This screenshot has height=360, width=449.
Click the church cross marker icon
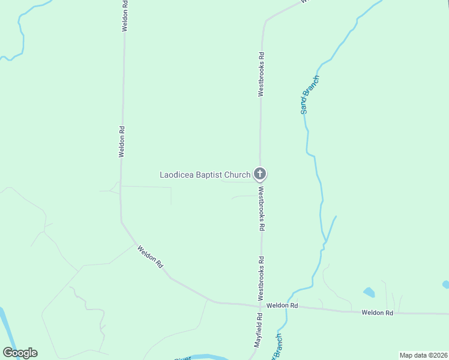(x=260, y=175)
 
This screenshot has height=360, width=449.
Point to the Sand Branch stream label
(x=310, y=95)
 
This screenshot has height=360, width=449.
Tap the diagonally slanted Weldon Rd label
(x=150, y=256)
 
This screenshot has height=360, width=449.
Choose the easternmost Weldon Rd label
(x=377, y=313)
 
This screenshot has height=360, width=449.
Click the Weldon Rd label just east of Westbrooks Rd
(x=282, y=305)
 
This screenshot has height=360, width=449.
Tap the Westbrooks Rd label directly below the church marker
(x=261, y=208)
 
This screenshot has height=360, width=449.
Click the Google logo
(x=20, y=353)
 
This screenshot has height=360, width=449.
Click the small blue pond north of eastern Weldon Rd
(x=369, y=293)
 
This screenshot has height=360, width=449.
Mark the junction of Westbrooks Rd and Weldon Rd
(x=261, y=305)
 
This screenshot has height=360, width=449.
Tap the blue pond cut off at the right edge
(x=446, y=284)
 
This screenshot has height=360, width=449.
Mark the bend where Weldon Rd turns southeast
(x=122, y=222)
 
